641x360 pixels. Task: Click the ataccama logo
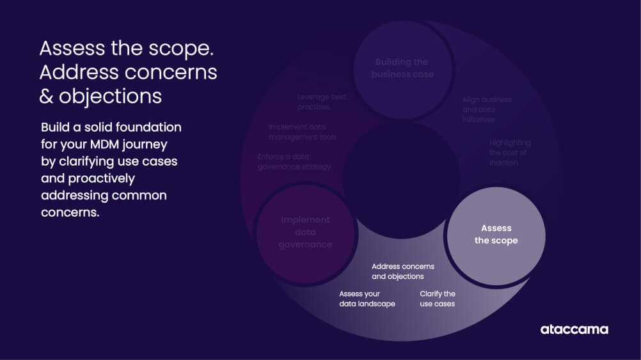[x=574, y=329]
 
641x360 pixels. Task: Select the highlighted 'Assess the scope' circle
[x=496, y=235]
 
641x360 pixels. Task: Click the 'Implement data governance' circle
[x=305, y=232]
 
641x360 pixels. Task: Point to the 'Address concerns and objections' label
[x=402, y=271]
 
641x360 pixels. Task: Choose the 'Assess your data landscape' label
[x=367, y=299]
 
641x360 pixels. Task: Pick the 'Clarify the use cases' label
[x=437, y=299]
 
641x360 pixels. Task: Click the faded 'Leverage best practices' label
[x=322, y=102]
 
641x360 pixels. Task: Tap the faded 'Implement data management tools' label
[x=302, y=132]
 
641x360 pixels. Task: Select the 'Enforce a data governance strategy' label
[x=294, y=161]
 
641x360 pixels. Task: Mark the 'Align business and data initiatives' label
[x=487, y=109]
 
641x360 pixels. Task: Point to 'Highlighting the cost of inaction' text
[x=510, y=152]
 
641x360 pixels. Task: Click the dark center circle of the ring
[x=401, y=180]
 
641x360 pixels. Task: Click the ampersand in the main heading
[x=46, y=97]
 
